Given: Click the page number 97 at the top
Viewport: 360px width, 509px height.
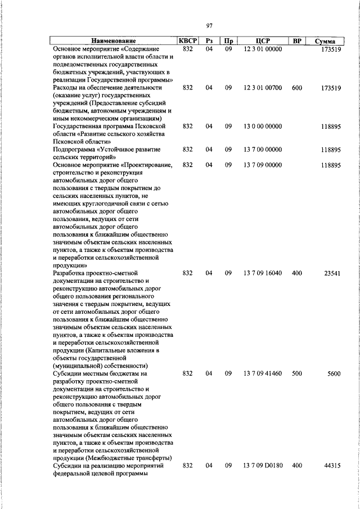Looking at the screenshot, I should [209, 25].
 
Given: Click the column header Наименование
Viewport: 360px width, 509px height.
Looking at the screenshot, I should [114, 41].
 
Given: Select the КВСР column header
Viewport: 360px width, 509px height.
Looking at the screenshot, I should [187, 40].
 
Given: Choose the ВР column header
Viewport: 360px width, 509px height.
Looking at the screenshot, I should [297, 41].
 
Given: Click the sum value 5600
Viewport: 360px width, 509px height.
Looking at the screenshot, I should [334, 373].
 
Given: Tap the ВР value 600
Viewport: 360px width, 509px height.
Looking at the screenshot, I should [297, 88].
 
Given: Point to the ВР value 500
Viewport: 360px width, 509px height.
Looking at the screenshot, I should [297, 373].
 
